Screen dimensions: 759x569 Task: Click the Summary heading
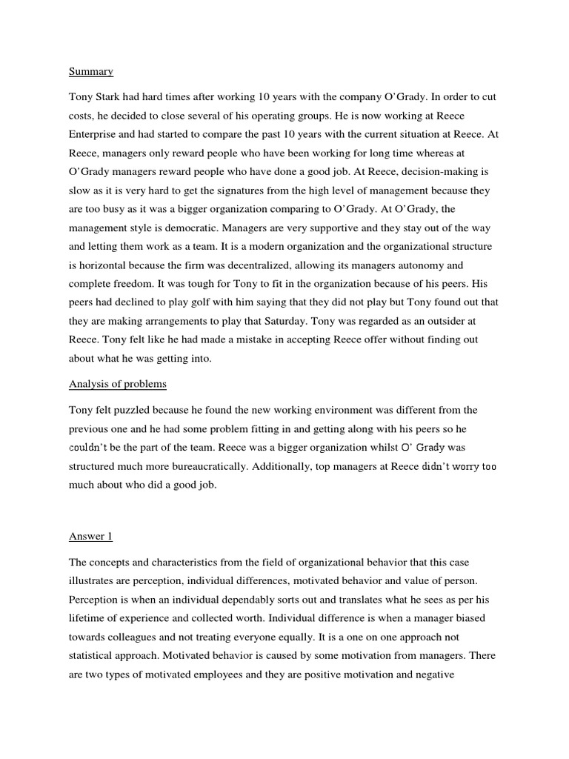click(91, 72)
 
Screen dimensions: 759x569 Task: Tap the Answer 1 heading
click(91, 535)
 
